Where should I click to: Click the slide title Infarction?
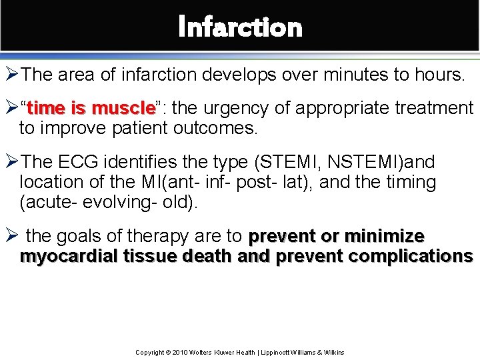(x=240, y=27)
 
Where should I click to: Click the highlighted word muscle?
(x=123, y=108)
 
